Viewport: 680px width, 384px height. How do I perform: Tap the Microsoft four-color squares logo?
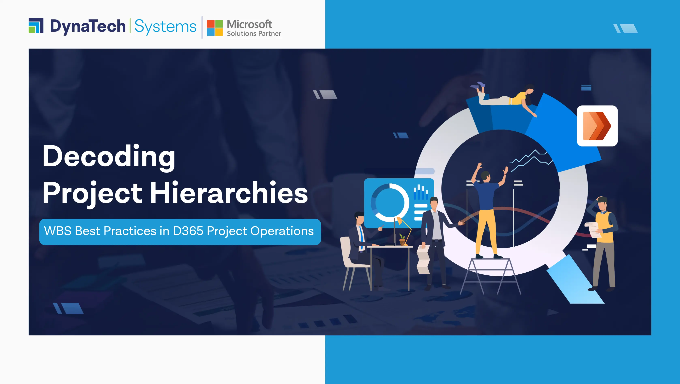215,28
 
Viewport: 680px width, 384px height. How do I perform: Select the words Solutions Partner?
254,33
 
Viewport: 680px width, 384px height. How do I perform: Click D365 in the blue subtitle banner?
188,231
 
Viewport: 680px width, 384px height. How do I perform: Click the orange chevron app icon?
597,126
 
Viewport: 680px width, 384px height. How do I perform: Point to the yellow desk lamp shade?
399,220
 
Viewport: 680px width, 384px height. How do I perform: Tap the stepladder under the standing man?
490,276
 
